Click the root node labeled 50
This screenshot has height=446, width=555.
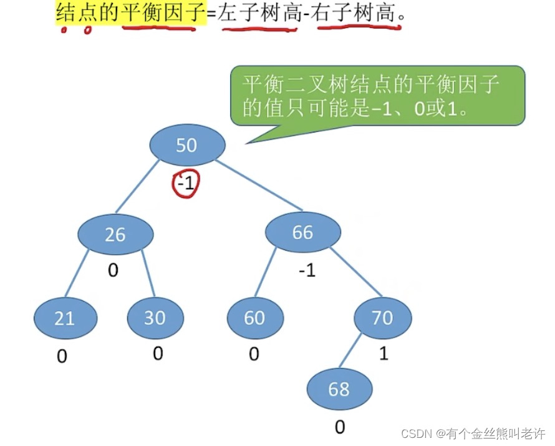[x=186, y=145]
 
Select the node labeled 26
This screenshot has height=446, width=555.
[x=115, y=234]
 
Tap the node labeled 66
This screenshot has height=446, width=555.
[x=303, y=232]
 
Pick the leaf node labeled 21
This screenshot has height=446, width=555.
[x=65, y=318]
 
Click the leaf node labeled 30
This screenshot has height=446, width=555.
[x=155, y=318]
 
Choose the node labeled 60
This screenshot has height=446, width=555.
[x=254, y=318]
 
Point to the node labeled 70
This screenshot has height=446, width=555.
[x=382, y=318]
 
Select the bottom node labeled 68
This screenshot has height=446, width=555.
[x=339, y=389]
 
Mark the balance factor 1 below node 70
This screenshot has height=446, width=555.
[x=384, y=354]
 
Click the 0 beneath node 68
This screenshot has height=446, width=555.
[x=340, y=427]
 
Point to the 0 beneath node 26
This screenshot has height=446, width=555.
[x=113, y=270]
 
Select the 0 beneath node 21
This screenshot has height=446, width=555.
[x=62, y=356]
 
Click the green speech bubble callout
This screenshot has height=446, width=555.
[x=376, y=96]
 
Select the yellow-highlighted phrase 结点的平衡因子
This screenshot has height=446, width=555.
[x=130, y=11]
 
